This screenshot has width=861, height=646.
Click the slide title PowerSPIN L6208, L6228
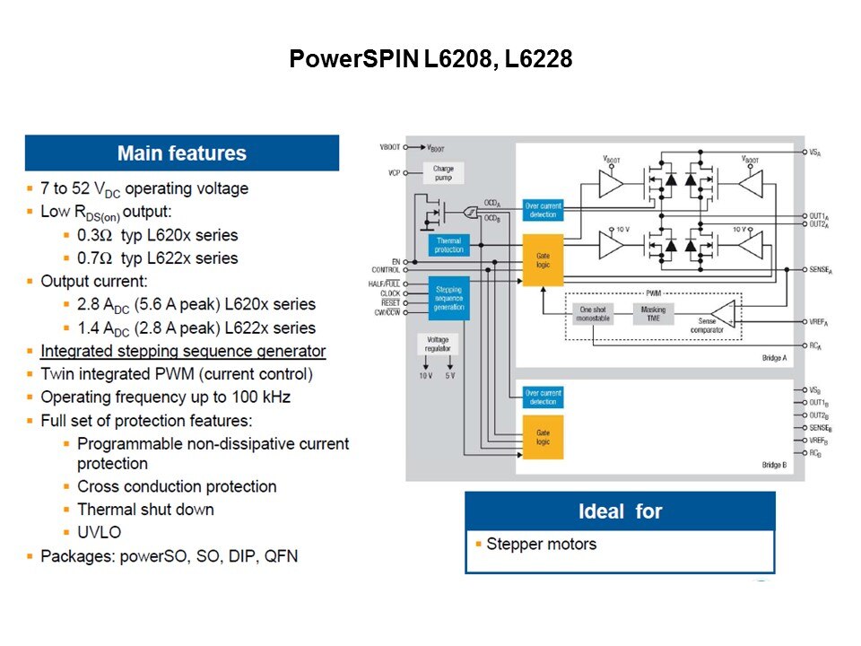point(430,60)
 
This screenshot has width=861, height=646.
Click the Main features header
point(182,153)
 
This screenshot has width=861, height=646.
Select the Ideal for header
point(620,511)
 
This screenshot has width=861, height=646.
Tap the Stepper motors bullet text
point(541,544)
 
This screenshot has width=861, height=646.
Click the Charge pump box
point(443,173)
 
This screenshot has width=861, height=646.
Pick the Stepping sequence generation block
point(448,298)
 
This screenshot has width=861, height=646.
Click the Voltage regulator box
point(438,344)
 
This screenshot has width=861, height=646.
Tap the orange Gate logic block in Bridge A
point(542,261)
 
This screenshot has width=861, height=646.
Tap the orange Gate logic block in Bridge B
point(542,437)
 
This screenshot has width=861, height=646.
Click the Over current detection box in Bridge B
point(543,397)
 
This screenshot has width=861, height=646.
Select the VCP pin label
point(394,172)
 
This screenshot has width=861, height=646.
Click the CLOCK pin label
point(390,293)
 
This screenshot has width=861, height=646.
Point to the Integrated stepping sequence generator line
point(183,351)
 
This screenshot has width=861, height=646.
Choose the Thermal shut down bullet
point(145,509)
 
